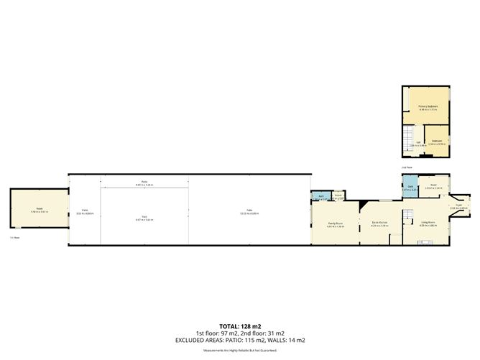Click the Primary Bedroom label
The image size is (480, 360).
(x=428, y=107)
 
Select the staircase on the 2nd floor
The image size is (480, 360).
(x=408, y=137)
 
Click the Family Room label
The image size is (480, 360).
(x=335, y=223)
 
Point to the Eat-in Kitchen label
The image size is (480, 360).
(x=379, y=223)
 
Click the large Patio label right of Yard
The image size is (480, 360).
(x=249, y=211)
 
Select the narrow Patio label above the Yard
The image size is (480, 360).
(x=144, y=183)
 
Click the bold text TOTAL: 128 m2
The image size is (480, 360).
(x=240, y=326)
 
